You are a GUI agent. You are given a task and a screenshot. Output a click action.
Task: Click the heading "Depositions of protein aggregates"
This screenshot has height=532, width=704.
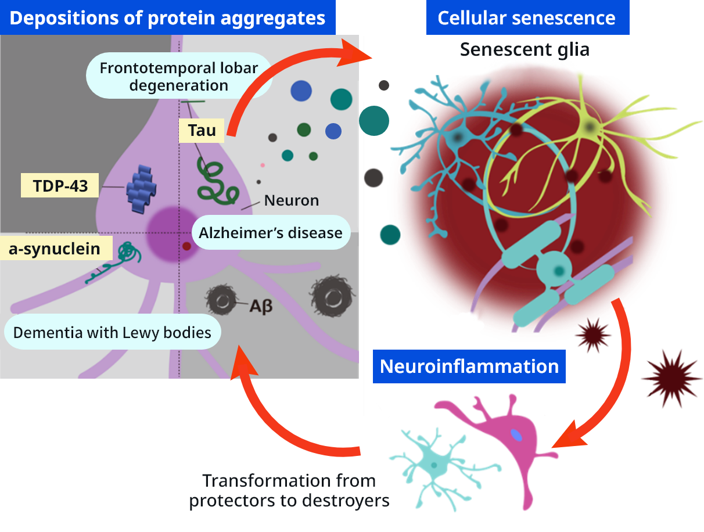pos(167,17)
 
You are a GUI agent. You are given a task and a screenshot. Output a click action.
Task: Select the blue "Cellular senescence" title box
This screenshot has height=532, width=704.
pos(526,17)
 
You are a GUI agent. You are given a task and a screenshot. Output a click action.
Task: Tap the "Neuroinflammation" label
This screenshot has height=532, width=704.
pos(469,366)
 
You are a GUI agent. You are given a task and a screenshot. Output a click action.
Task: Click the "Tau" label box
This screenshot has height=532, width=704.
pos(202,131)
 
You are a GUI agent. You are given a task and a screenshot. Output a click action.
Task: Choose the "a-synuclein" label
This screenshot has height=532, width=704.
pos(54,249)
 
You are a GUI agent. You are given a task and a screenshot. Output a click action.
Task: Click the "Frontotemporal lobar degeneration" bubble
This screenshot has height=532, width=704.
pos(178,76)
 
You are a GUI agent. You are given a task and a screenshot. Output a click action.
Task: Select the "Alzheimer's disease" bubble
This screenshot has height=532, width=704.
pos(270,233)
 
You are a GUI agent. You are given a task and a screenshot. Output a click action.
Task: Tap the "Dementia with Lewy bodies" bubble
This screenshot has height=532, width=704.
pos(112,333)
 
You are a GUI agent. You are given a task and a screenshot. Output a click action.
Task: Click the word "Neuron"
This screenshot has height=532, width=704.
pos(291,201)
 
